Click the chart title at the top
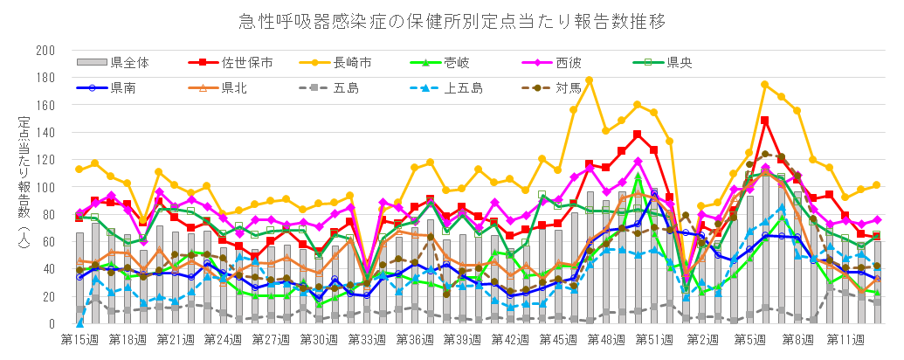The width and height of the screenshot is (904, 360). coord(452,20)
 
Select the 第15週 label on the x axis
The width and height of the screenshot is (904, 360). coord(79,338)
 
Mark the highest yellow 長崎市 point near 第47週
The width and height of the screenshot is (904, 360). coord(590,80)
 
